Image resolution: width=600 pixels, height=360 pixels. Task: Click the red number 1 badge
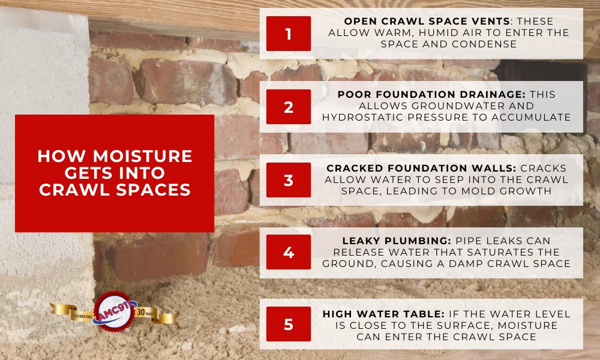click(x=289, y=34)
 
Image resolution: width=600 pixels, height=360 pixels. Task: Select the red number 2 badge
click(x=289, y=107)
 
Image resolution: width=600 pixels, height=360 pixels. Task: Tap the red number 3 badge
click(x=289, y=180)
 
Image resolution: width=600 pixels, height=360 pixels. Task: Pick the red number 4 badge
click(x=289, y=252)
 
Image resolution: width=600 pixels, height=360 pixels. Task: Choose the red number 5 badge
click(x=289, y=325)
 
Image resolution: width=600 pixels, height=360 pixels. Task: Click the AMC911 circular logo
click(x=114, y=311)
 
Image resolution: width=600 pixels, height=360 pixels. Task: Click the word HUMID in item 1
click(x=408, y=33)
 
